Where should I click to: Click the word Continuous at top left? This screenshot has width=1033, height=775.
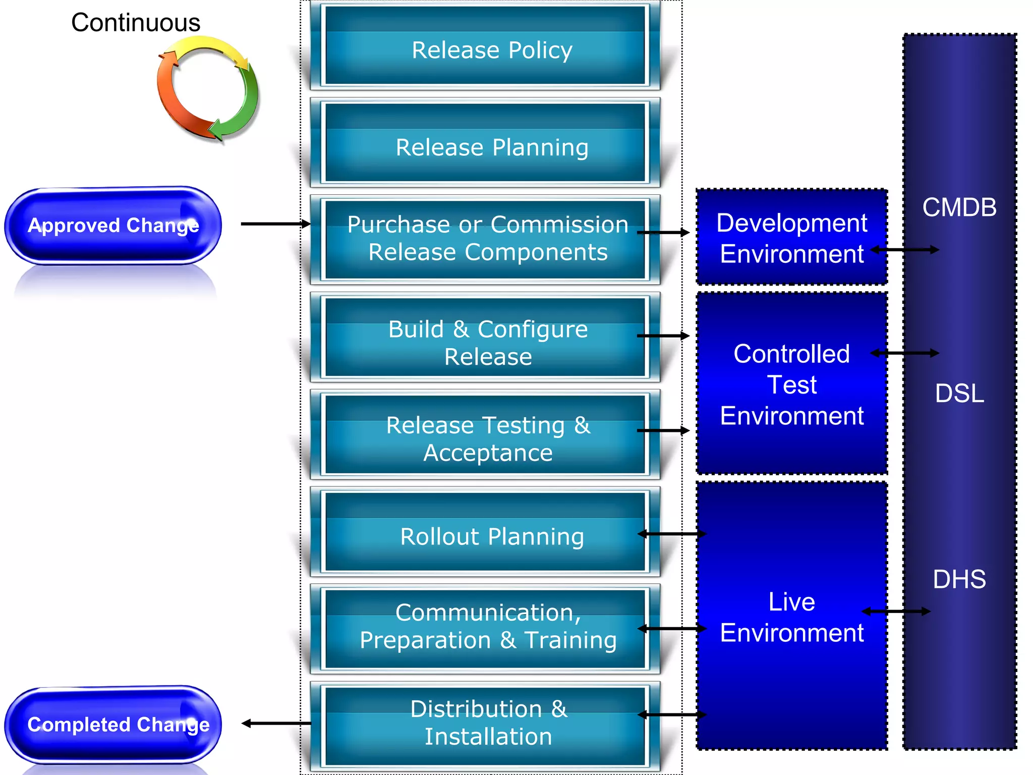[136, 23]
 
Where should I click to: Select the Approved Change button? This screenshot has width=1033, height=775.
[113, 226]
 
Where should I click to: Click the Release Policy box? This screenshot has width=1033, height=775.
[485, 49]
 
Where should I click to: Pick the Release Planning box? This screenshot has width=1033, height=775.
[485, 147]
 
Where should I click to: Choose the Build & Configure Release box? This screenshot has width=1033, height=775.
[485, 342]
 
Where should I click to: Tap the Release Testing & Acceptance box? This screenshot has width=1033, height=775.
[485, 438]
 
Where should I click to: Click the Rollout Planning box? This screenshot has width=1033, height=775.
[485, 536]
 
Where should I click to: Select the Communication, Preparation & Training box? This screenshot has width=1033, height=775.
[485, 626]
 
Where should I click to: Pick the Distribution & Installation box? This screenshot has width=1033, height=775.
[485, 723]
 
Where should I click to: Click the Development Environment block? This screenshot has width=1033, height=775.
[791, 238]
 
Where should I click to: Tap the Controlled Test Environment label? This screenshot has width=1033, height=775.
[791, 384]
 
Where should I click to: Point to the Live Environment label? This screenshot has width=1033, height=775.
[791, 617]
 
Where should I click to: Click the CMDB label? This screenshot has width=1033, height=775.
[959, 207]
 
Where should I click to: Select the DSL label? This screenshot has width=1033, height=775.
[959, 393]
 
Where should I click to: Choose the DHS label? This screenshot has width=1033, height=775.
[959, 579]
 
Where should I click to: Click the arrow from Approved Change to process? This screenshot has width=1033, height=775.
[275, 224]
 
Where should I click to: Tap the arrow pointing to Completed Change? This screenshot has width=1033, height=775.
[276, 724]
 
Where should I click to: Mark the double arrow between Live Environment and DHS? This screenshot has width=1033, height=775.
[896, 612]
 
